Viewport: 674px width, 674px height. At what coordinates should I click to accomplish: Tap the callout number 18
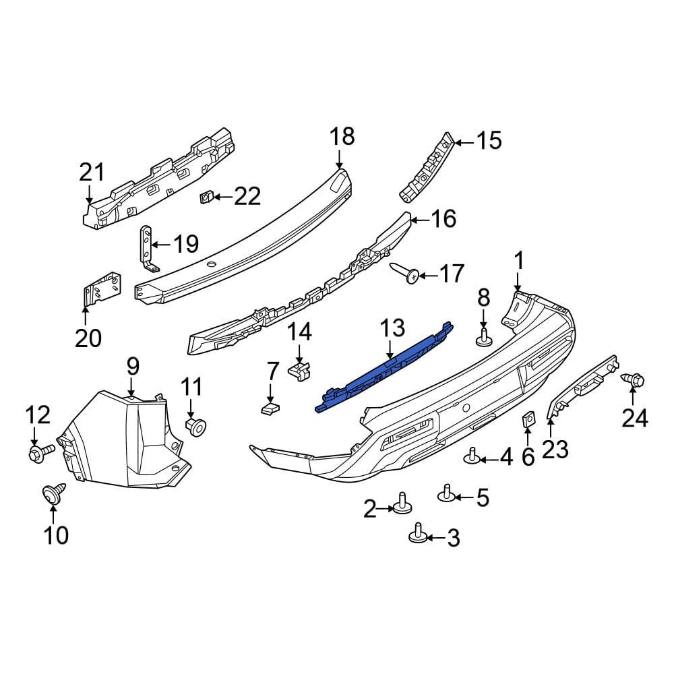[x=342, y=137]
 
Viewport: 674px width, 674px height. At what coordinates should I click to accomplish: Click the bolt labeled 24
[x=634, y=380]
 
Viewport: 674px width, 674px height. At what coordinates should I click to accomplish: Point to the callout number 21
[x=92, y=173]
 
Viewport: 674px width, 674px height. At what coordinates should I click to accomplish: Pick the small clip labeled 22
[x=207, y=197]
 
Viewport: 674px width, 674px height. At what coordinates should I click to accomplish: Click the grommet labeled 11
[x=195, y=425]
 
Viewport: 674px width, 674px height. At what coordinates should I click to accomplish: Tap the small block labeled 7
[x=270, y=407]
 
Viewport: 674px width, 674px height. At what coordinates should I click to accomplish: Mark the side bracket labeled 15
[x=427, y=168]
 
